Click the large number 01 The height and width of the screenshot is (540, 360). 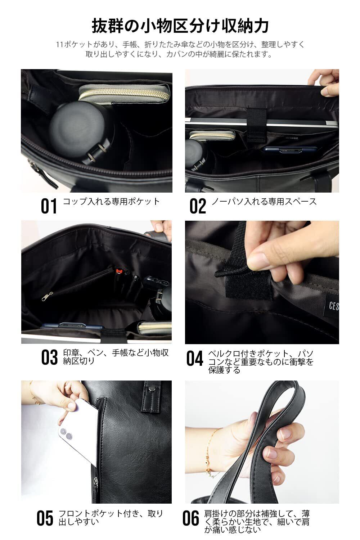[49, 206]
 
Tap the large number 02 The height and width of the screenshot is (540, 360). [198, 206]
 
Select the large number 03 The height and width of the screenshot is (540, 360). [49, 357]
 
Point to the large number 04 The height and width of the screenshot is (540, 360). [195, 359]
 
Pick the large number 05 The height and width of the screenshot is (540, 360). [45, 518]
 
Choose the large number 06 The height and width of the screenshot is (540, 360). [191, 518]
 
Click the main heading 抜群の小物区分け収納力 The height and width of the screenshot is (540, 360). [180, 26]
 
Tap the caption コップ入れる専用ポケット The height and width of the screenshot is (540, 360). [111, 202]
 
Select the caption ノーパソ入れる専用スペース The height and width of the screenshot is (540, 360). [264, 202]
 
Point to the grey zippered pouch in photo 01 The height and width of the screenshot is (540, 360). [124, 93]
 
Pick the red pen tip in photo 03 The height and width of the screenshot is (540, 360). [118, 271]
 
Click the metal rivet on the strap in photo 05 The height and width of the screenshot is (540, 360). [152, 388]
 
